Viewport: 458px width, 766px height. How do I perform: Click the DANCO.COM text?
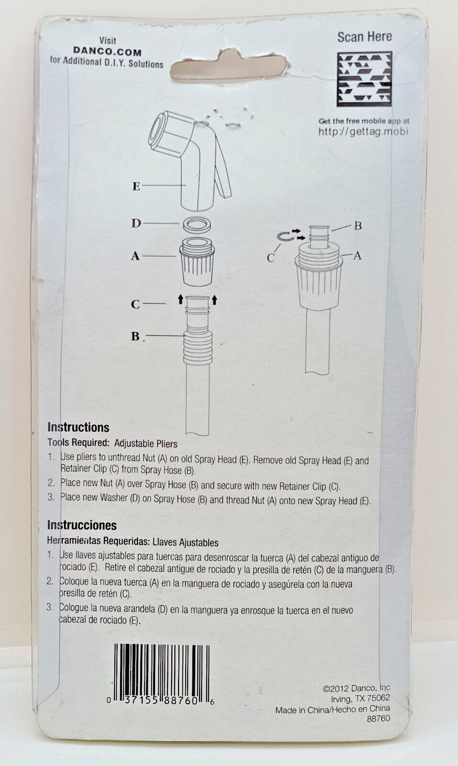click(x=107, y=52)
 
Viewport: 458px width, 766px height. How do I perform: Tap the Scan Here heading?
click(x=364, y=37)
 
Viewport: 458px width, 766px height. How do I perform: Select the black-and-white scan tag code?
click(x=364, y=79)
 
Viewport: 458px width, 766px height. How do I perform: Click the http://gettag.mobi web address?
click(x=363, y=132)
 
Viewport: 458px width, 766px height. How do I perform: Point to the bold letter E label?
click(x=136, y=186)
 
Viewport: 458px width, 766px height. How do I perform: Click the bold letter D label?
click(x=136, y=224)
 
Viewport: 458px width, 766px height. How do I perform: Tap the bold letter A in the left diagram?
click(x=135, y=256)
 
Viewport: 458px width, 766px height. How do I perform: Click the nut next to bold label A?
click(x=197, y=261)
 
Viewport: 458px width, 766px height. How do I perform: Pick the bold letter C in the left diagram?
click(x=135, y=304)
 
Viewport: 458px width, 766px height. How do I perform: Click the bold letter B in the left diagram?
click(x=135, y=337)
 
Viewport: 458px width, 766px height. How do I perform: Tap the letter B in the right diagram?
click(x=358, y=226)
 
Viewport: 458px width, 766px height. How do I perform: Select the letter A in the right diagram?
click(x=357, y=256)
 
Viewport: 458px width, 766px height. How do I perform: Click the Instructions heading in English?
click(x=78, y=428)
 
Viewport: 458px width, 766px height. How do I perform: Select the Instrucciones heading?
click(x=82, y=525)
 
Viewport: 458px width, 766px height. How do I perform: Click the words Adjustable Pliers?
click(x=146, y=444)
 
